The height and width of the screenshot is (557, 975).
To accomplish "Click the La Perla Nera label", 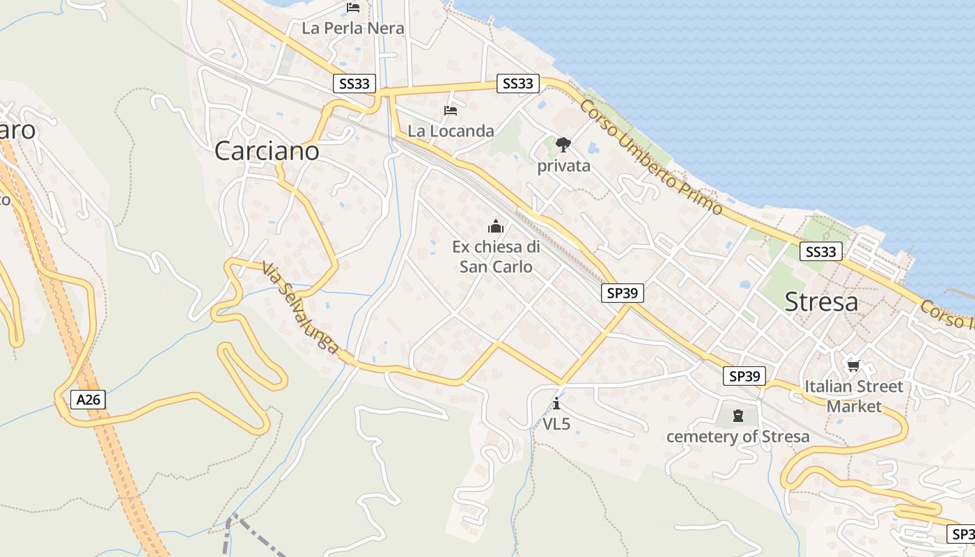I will click(353, 29).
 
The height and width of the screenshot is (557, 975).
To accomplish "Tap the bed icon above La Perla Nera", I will click(353, 8).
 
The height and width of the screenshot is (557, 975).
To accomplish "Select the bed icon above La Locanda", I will click(451, 110).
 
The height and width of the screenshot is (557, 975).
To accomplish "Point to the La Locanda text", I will click(451, 130).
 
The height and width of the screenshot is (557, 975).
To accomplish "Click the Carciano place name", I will click(267, 151).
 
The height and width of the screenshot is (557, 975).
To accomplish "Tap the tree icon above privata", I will click(563, 145).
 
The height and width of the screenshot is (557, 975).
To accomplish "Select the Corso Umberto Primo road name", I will click(650, 157).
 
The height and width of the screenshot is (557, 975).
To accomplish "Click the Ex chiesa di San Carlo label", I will click(496, 256).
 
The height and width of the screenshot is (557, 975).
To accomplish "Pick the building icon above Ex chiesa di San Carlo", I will click(496, 226).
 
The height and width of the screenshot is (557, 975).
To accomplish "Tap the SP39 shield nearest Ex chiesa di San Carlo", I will click(622, 293).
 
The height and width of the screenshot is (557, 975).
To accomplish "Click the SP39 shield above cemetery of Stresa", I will click(744, 377).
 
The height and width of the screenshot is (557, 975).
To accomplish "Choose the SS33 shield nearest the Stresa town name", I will click(820, 251).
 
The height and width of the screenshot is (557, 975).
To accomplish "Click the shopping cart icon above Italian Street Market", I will click(853, 365).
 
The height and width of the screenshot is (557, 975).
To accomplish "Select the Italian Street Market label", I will click(853, 396).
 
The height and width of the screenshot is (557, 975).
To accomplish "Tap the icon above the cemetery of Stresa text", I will click(738, 416).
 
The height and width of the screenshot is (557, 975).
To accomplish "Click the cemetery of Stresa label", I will click(738, 437).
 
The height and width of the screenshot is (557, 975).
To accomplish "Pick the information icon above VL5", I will click(556, 403).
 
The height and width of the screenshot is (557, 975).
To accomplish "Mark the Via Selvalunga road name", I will click(301, 307).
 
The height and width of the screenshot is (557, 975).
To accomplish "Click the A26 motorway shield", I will click(88, 400).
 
